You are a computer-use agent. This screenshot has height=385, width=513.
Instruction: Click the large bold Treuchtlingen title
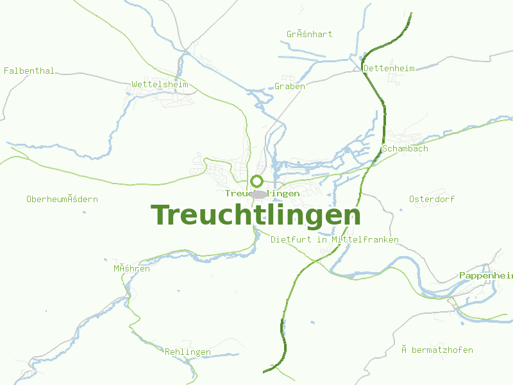coord(255,216)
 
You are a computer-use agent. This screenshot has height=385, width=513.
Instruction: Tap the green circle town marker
coord(257,181)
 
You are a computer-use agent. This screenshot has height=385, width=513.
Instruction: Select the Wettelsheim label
coord(160,84)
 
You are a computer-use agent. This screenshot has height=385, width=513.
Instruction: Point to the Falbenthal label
coord(29,71)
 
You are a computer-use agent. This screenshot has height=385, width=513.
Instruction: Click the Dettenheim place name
coord(389,68)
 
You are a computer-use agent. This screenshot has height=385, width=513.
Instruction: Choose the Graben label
coord(290,86)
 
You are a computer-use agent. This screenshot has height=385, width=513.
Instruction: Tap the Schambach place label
coord(405,148)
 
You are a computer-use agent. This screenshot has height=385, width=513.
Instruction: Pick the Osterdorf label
coord(432,199)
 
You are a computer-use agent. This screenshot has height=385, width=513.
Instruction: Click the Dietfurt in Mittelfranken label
coord(335,239)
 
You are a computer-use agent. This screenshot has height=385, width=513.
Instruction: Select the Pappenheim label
coord(485,275)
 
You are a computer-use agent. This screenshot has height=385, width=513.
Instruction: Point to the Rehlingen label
coord(188,352)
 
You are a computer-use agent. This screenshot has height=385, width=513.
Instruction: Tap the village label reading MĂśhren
coord(131,268)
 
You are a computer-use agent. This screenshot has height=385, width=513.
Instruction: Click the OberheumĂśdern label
coord(62,199)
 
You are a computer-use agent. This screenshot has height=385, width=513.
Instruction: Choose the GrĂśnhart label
coord(310,34)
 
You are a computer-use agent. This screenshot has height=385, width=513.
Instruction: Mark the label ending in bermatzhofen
coord(437,350)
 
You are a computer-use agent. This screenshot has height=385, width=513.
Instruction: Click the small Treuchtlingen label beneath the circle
coord(262,193)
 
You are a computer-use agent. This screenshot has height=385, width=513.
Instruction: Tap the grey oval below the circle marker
coord(259,194)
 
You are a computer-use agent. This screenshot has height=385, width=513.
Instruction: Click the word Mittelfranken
coord(365,239)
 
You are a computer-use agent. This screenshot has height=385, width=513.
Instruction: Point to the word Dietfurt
coord(292,239)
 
